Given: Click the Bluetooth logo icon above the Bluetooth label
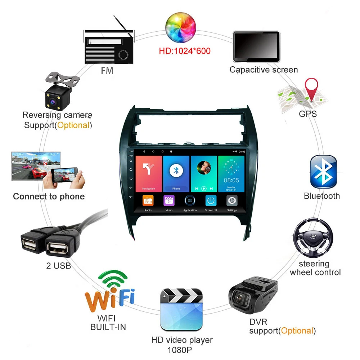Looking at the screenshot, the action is [x=323, y=172].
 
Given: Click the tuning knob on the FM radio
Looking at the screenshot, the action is [x=123, y=54].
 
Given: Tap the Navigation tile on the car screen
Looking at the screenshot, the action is [x=149, y=173].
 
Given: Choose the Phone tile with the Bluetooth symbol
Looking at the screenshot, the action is [x=176, y=173].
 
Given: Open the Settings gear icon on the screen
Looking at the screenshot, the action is [x=232, y=201].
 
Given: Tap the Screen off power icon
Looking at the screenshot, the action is [x=211, y=201].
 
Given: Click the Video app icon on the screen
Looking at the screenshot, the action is [x=169, y=201].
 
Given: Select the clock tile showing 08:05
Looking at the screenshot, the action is [x=231, y=173].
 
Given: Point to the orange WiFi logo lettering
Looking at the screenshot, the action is [x=109, y=298].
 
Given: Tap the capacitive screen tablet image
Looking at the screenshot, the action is [x=256, y=46].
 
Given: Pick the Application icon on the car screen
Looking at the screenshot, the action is [x=190, y=201].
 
